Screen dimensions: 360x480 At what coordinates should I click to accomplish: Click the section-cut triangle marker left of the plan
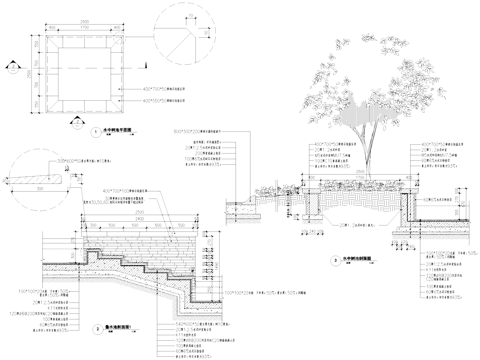tap(10, 70)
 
